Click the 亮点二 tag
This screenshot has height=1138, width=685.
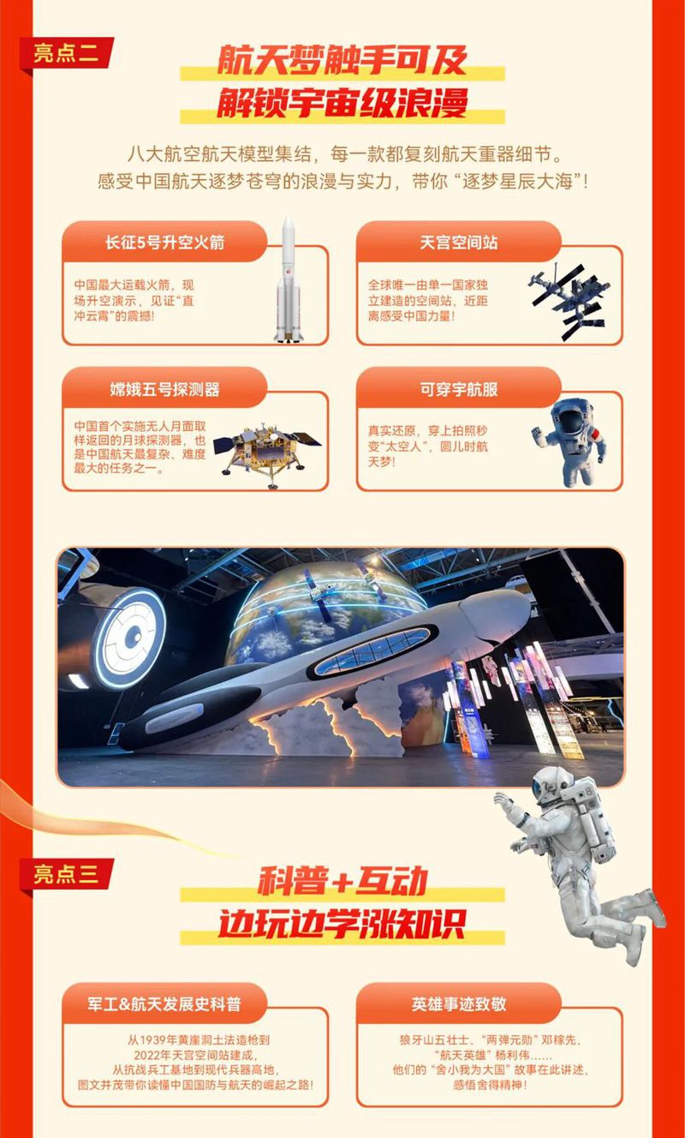click(x=67, y=53)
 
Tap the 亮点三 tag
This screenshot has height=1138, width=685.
click(x=67, y=874)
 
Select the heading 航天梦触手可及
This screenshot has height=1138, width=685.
click(x=342, y=62)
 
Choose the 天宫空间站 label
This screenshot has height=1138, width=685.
click(x=458, y=243)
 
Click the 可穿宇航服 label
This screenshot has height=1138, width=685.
click(x=458, y=389)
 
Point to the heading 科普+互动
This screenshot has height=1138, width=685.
click(x=342, y=883)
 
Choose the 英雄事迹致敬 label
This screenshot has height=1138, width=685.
click(x=458, y=1003)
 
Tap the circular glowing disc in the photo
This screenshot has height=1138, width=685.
click(x=128, y=637)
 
